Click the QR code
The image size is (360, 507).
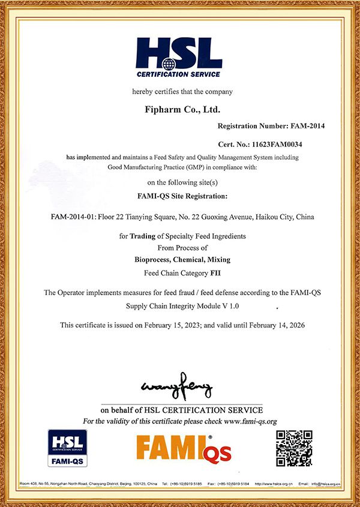coord(294,448)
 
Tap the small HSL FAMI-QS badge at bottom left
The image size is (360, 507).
coord(68,448)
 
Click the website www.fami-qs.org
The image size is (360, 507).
coord(250,422)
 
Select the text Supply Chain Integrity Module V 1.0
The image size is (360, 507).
coord(182,306)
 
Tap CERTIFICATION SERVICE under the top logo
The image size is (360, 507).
coord(179,74)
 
